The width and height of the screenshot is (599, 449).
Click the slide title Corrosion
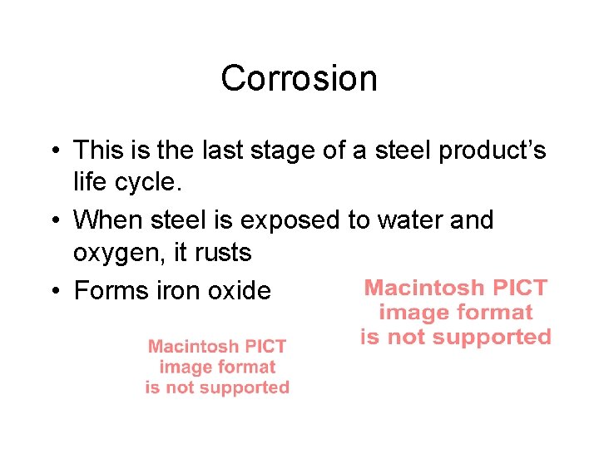299,79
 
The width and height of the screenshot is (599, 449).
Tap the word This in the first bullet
97,150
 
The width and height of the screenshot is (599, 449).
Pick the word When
108,220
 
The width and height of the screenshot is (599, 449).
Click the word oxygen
115,251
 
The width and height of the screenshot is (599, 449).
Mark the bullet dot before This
52,151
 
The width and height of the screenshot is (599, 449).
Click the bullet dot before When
52,221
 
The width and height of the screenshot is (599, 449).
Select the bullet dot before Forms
52,291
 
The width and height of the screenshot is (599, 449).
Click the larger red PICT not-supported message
456,313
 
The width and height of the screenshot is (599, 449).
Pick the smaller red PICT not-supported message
217,367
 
